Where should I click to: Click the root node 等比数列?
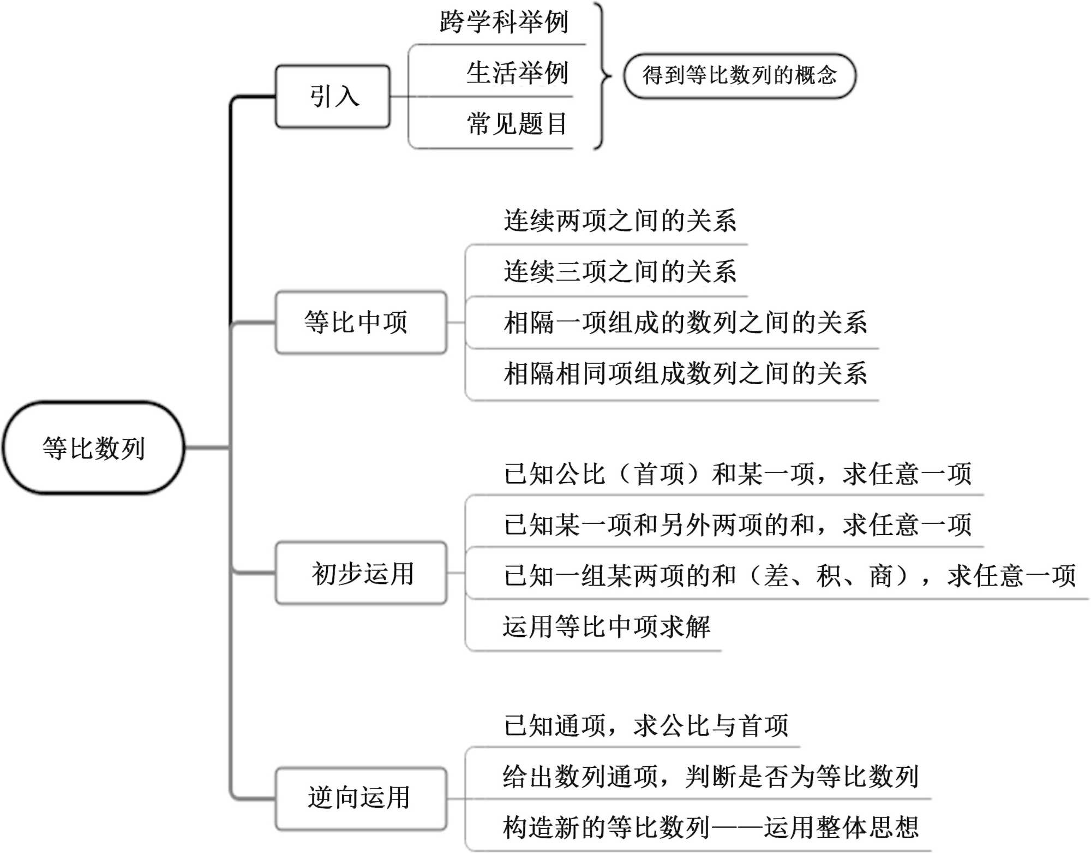(94, 448)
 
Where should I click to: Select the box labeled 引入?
(333, 97)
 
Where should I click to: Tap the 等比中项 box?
(361, 322)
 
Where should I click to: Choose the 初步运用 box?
(361, 573)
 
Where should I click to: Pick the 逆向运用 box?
(361, 798)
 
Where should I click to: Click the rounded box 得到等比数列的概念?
(739, 75)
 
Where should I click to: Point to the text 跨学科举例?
(503, 22)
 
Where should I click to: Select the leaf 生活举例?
(517, 73)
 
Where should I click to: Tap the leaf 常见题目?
(517, 124)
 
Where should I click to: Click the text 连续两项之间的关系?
(620, 221)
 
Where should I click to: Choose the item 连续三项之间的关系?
(620, 272)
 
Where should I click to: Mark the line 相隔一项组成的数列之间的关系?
(685, 323)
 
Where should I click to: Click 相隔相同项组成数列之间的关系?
(685, 374)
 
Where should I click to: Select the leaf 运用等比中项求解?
(606, 627)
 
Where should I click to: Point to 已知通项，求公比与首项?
(646, 726)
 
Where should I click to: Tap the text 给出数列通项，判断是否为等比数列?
(710, 777)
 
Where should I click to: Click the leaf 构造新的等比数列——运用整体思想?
(710, 827)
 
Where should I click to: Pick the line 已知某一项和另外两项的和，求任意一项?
(738, 525)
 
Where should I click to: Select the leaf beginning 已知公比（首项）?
(738, 474)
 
